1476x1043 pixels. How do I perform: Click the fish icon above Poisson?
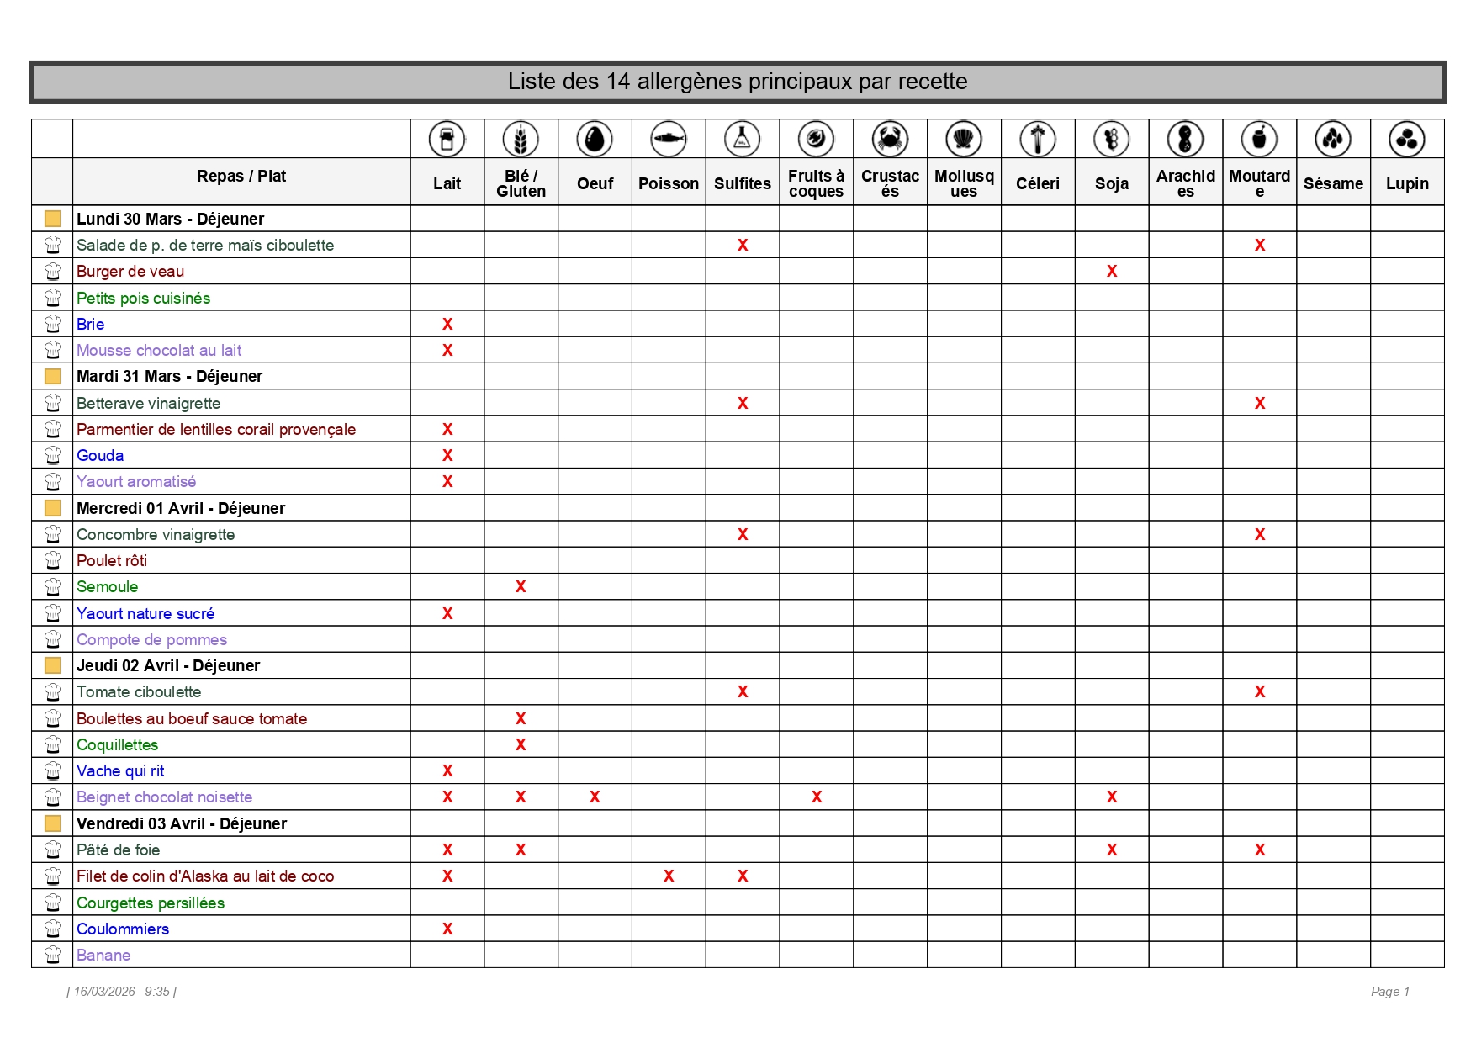click(x=669, y=139)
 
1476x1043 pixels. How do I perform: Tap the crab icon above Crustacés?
click(x=890, y=139)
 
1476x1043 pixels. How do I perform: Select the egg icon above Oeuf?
click(x=595, y=139)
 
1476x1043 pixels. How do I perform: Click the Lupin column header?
click(x=1407, y=183)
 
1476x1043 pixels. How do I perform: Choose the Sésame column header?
click(x=1333, y=183)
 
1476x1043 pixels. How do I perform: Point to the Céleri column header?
click(x=1037, y=183)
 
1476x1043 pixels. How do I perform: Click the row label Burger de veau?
click(x=130, y=271)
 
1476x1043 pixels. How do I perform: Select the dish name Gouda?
click(x=100, y=455)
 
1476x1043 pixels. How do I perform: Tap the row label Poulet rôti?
click(x=112, y=560)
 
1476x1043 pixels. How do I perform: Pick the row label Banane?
click(x=103, y=955)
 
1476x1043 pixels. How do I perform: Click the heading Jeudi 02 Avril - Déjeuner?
click(x=168, y=665)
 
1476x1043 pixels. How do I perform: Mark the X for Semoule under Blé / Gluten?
click(x=521, y=586)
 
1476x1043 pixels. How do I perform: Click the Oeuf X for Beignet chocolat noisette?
click(x=595, y=797)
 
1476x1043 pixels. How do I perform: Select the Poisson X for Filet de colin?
click(x=669, y=876)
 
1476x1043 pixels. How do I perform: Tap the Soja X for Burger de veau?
click(x=1112, y=271)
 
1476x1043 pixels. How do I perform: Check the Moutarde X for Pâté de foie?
click(x=1260, y=850)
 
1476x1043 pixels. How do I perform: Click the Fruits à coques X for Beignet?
click(x=817, y=797)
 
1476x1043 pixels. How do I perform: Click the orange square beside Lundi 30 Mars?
click(x=52, y=219)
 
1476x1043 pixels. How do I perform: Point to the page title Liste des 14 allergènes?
click(x=738, y=82)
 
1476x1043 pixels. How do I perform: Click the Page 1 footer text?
click(x=1389, y=992)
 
